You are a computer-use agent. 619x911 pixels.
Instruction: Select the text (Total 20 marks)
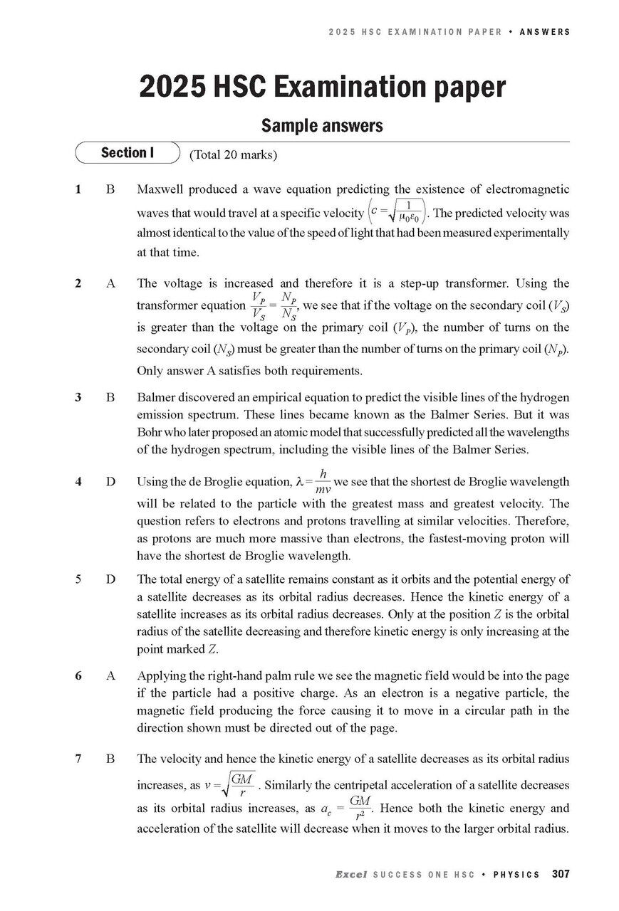(x=233, y=154)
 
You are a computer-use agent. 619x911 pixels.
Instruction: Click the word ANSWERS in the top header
(x=544, y=32)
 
